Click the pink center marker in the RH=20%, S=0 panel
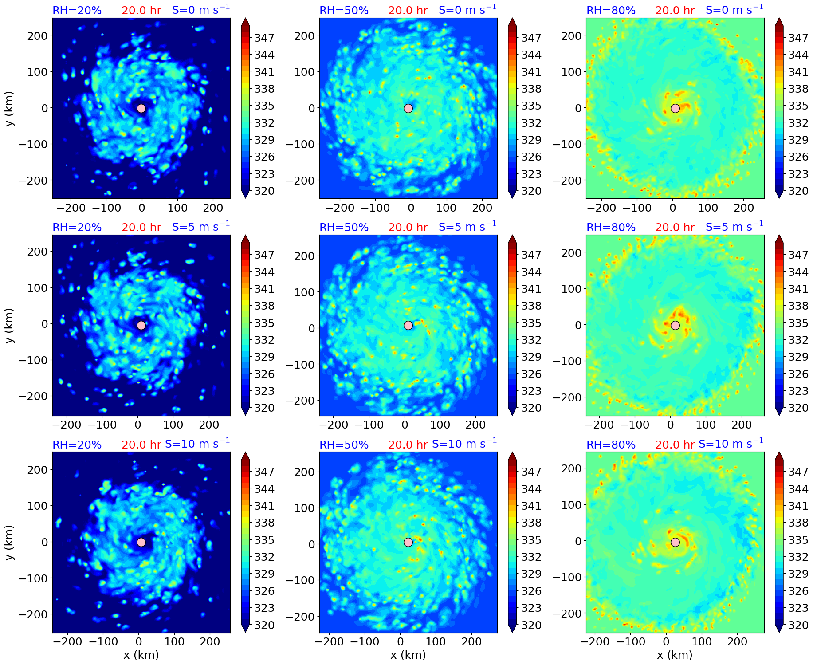click(141, 108)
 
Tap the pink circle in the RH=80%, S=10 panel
click(675, 542)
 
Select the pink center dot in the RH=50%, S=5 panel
click(408, 325)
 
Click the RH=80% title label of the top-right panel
click(611, 10)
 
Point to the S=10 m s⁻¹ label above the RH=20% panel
click(197, 444)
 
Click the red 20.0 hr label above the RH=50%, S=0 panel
click(408, 10)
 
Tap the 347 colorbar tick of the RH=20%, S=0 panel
click(264, 38)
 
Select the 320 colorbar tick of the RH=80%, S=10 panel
click(798, 625)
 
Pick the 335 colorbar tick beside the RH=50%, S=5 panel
click(531, 323)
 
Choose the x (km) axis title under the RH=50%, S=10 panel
click(408, 655)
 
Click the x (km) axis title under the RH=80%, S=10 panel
click(675, 655)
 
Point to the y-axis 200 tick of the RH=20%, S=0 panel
click(37, 35)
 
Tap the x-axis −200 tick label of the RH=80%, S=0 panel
click(601, 208)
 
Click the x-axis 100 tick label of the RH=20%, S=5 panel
click(173, 425)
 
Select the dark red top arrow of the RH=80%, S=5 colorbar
click(779, 240)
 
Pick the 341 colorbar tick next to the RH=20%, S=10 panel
click(264, 506)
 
